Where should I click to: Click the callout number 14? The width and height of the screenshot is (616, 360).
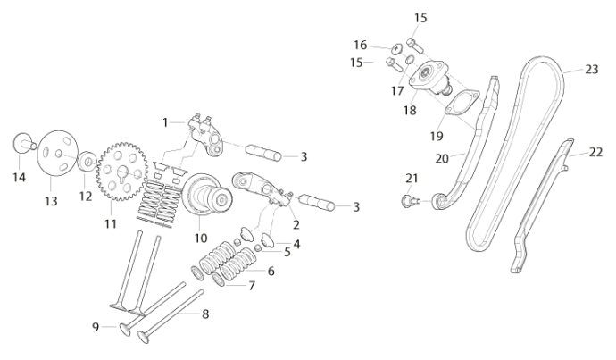click(19, 177)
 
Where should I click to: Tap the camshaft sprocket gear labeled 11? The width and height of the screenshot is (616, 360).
click(122, 172)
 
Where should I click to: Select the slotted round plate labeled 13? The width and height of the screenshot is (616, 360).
click(58, 154)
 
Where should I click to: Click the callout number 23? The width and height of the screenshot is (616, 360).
click(592, 70)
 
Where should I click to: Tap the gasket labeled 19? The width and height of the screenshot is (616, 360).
click(462, 102)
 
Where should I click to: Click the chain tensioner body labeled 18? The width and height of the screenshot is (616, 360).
click(429, 78)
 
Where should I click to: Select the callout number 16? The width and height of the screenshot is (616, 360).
click(361, 46)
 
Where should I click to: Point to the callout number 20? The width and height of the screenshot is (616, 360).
click(442, 158)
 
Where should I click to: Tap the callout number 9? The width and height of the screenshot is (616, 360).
click(96, 327)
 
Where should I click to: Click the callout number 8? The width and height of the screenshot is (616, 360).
click(205, 314)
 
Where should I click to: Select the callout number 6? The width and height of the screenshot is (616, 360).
click(271, 272)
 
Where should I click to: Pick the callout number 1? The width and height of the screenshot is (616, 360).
click(165, 122)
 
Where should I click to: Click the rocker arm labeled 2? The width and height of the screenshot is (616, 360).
click(262, 189)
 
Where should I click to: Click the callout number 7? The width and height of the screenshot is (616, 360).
click(252, 285)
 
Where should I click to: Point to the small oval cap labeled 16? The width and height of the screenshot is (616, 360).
click(397, 49)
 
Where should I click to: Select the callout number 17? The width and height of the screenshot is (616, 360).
click(397, 91)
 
